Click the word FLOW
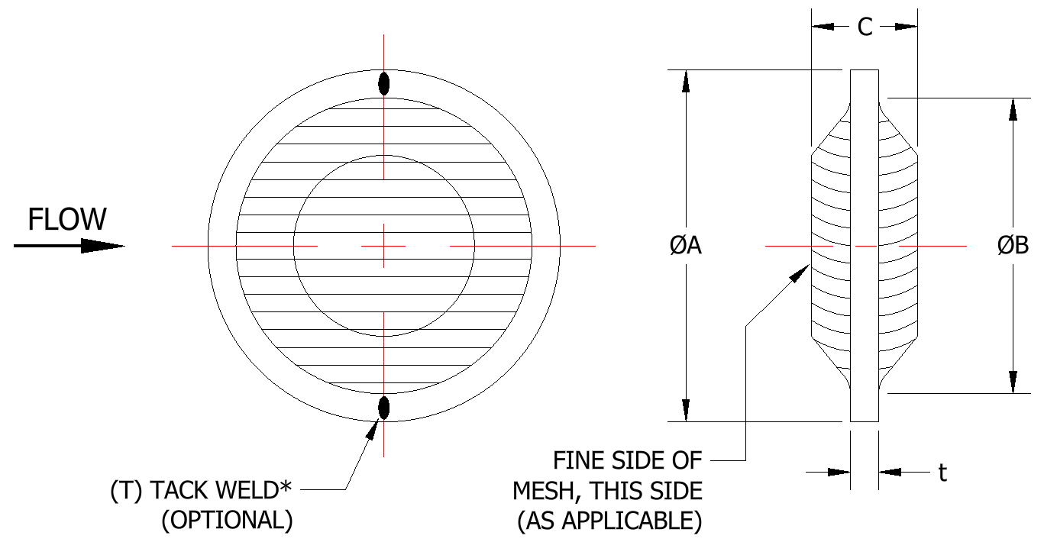67,220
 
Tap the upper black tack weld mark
384,83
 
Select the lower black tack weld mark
384,408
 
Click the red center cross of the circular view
384,246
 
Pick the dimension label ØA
685,246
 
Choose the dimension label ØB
1013,246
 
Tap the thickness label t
943,473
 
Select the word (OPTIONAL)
227,520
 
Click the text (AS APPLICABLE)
609,521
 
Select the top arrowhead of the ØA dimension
687,81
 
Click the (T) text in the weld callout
128,489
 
